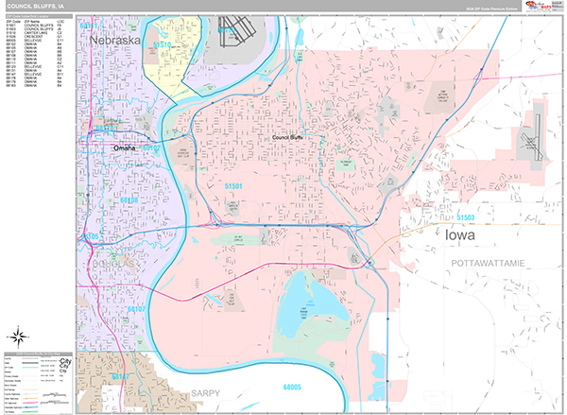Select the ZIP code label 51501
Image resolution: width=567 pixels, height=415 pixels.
[233, 187]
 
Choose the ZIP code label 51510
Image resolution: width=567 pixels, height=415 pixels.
[162, 44]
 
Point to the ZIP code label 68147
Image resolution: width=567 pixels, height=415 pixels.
[120, 376]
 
